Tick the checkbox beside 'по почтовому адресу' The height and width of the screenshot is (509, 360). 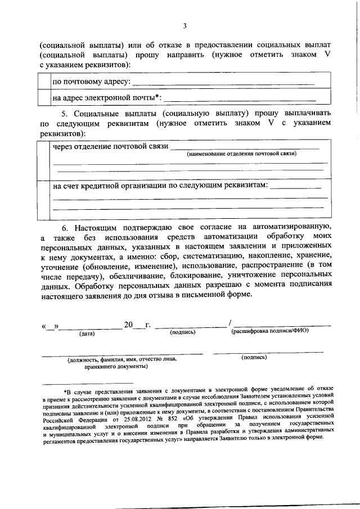(x=43, y=82)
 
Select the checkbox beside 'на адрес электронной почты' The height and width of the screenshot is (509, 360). (x=43, y=98)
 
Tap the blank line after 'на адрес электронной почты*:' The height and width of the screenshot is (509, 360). (x=238, y=99)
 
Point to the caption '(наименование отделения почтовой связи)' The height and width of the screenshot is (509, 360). (x=242, y=153)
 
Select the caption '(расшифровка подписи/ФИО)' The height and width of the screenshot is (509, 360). (x=270, y=331)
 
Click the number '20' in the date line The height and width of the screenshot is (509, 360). (x=129, y=325)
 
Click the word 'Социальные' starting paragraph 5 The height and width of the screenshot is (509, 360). (x=84, y=112)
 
